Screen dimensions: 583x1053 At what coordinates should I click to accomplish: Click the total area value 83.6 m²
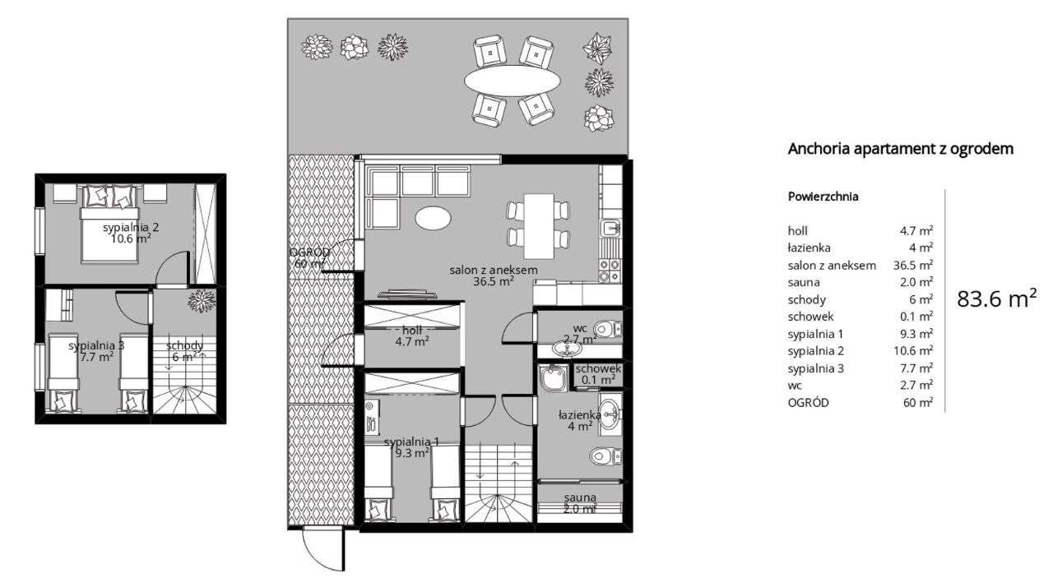pyautogui.click(x=996, y=299)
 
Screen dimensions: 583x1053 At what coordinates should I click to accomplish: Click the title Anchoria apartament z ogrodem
pyautogui.click(x=900, y=149)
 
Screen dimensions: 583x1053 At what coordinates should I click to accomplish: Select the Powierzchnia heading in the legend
pyautogui.click(x=823, y=197)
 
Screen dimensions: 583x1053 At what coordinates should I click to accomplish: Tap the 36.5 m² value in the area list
pyautogui.click(x=913, y=265)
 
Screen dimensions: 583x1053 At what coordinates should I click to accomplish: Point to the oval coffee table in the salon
pyautogui.click(x=433, y=218)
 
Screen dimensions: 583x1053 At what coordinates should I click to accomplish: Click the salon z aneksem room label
pyautogui.click(x=494, y=275)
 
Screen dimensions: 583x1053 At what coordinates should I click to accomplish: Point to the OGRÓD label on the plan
pyautogui.click(x=309, y=258)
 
